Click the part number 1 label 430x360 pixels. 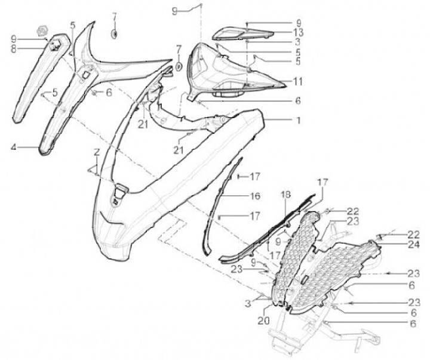coord(298,120)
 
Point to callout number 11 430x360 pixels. coord(298,81)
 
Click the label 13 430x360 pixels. coord(298,32)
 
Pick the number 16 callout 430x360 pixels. coord(254,196)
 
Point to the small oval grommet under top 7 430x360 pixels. coord(113,33)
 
